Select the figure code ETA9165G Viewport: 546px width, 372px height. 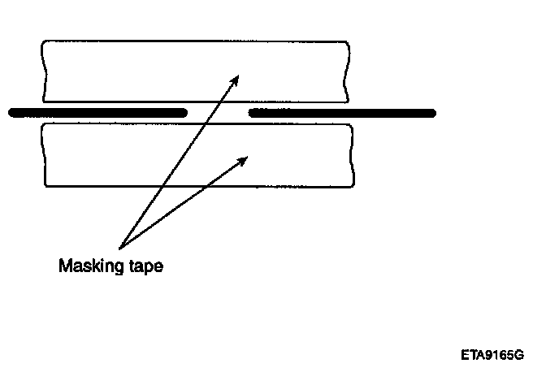click(x=491, y=355)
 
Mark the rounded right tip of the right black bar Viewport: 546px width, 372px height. click(x=431, y=113)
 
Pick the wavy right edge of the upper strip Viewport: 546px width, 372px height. click(x=350, y=71)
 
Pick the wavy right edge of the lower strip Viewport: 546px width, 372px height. click(x=353, y=154)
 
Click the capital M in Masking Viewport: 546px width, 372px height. click(x=64, y=266)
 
